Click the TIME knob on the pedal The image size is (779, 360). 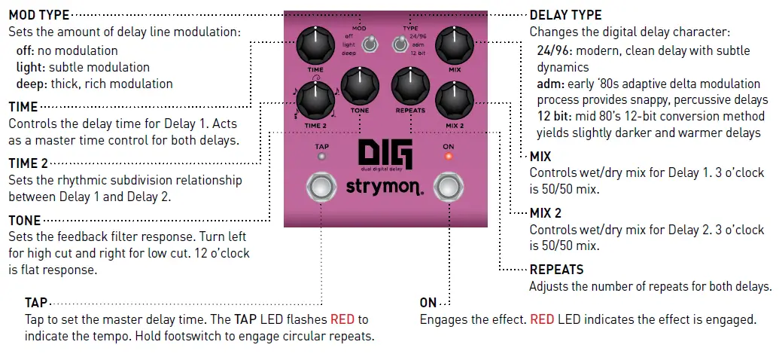[x=315, y=46]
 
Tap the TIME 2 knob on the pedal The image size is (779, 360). [x=315, y=99]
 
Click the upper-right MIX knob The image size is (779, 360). [x=454, y=46]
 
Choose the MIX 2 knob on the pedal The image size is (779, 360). [x=454, y=99]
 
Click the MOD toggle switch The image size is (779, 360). [x=368, y=46]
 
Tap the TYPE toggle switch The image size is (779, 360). [x=397, y=46]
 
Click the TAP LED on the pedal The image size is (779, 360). [x=321, y=157]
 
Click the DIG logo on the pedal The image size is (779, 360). [x=385, y=155]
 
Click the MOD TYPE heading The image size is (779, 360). [x=38, y=14]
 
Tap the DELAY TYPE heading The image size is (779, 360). [x=565, y=14]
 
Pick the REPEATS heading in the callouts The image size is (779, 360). [x=556, y=269]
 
